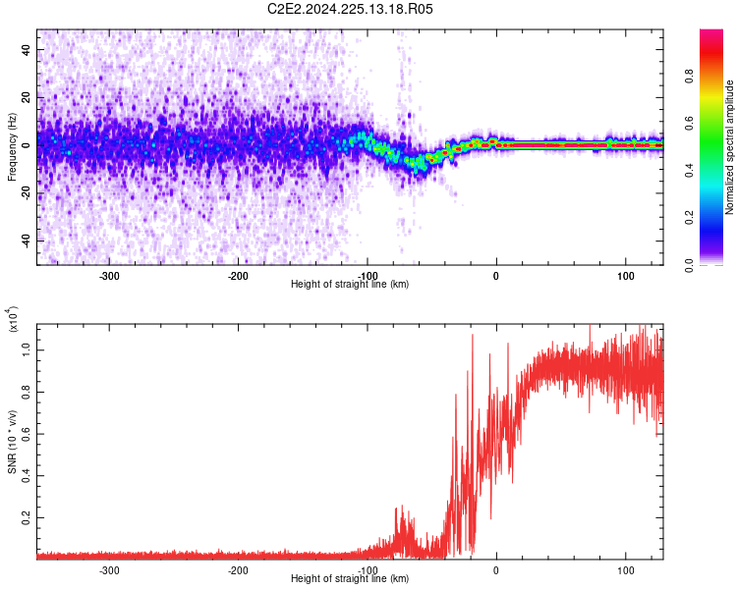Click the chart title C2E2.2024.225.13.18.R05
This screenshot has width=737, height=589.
tap(350, 9)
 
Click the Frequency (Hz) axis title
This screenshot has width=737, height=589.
tap(12, 147)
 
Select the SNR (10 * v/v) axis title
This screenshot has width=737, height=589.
tap(12, 442)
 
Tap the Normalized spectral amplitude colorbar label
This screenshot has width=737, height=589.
tap(729, 147)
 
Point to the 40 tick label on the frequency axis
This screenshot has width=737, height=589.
tap(26, 50)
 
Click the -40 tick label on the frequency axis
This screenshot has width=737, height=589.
tap(26, 241)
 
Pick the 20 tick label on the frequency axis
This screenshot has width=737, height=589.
tap(26, 98)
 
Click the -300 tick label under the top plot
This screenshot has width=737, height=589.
tap(109, 276)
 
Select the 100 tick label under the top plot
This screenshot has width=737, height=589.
tap(626, 276)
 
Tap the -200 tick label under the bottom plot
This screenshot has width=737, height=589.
tap(238, 570)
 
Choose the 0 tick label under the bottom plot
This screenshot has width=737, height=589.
tap(496, 570)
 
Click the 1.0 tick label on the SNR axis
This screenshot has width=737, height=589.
tap(26, 350)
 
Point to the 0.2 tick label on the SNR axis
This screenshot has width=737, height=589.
tap(26, 517)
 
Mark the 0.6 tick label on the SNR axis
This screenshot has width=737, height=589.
tap(26, 434)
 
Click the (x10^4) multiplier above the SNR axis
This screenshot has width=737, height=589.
tap(13, 319)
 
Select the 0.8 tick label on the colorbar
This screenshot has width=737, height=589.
tap(689, 77)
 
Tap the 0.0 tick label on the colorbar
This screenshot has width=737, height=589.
tap(689, 265)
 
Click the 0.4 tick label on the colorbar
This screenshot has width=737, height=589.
tap(689, 171)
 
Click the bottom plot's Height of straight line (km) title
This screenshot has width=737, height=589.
tap(350, 578)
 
